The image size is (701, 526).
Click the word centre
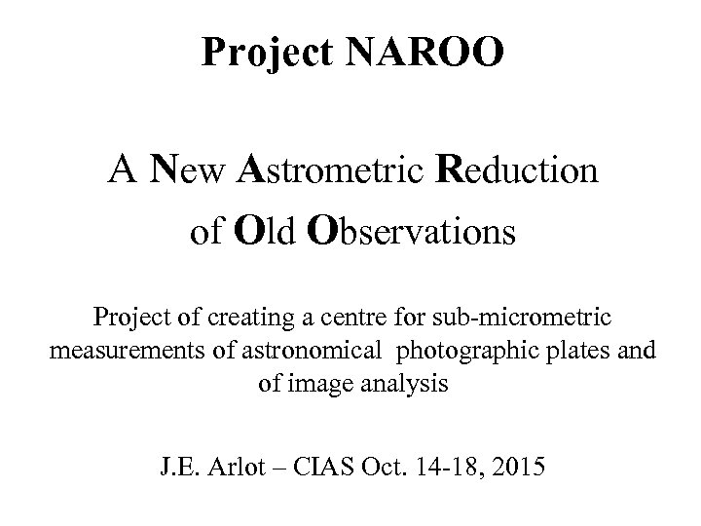coord(365,318)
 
